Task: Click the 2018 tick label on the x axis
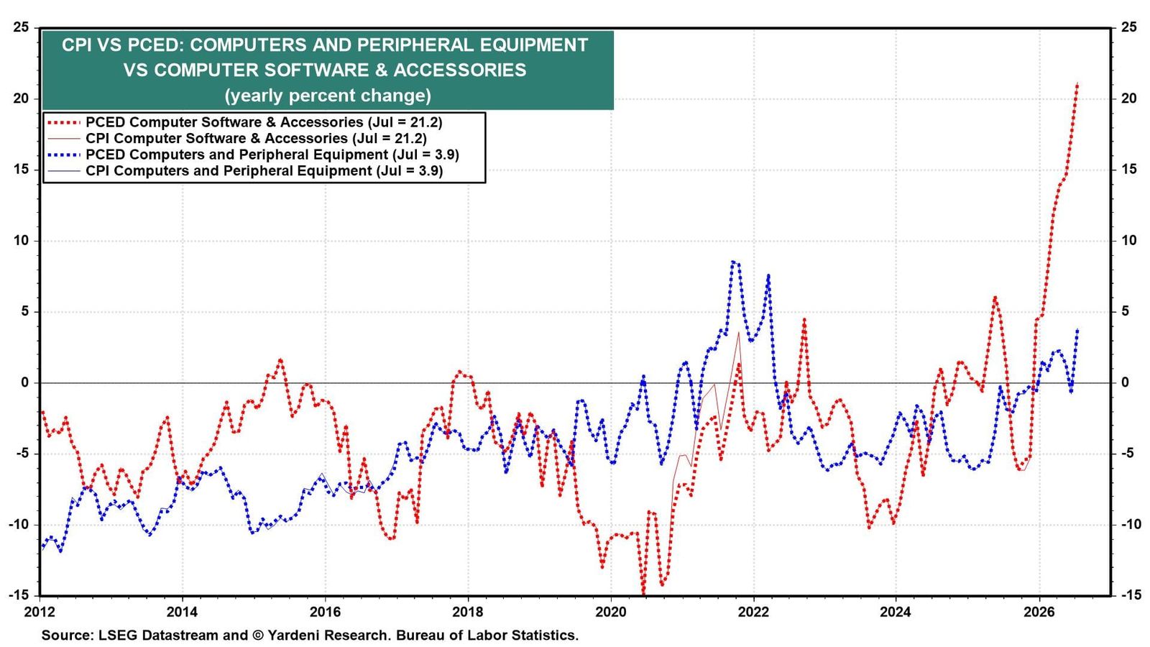pyautogui.click(x=468, y=612)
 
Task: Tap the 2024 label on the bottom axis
pyautogui.click(x=896, y=612)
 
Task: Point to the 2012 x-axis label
pyautogui.click(x=40, y=612)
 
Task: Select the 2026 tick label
pyautogui.click(x=1039, y=612)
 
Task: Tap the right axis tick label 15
pyautogui.click(x=1129, y=169)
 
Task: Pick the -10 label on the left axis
pyautogui.click(x=18, y=524)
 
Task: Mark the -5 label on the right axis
pyautogui.click(x=1126, y=454)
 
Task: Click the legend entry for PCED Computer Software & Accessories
pyautogui.click(x=244, y=122)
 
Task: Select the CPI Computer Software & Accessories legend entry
pyautogui.click(x=236, y=138)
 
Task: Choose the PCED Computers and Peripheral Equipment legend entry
pyautogui.click(x=252, y=155)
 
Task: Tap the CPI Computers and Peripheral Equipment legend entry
pyautogui.click(x=244, y=170)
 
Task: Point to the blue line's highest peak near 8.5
pyautogui.click(x=733, y=262)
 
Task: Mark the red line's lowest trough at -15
pyautogui.click(x=644, y=594)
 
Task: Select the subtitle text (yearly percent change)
pyautogui.click(x=328, y=96)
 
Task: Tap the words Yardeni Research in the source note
pyautogui.click(x=328, y=635)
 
